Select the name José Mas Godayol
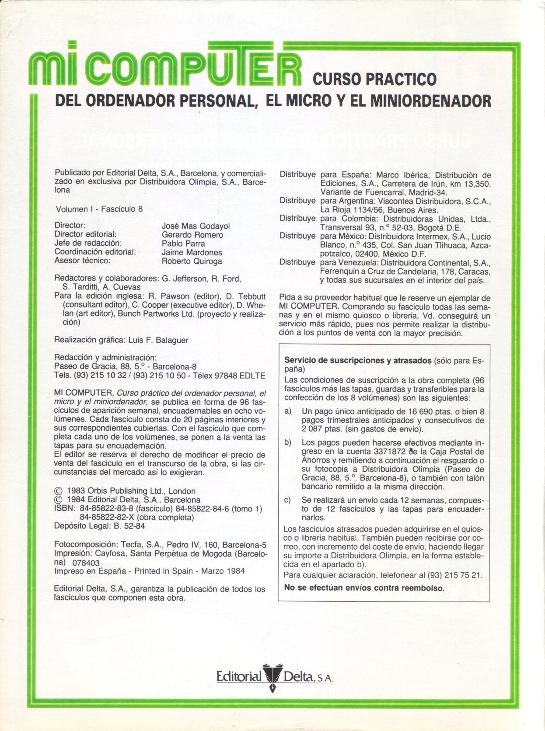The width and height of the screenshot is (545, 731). pyautogui.click(x=196, y=226)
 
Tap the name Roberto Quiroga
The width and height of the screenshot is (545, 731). pyautogui.click(x=192, y=261)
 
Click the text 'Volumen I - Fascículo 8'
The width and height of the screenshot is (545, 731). pyautogui.click(x=99, y=209)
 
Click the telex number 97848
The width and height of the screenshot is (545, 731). pyautogui.click(x=226, y=376)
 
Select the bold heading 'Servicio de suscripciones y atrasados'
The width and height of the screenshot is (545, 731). pyautogui.click(x=358, y=361)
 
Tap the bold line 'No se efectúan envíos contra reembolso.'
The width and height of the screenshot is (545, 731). pyautogui.click(x=364, y=588)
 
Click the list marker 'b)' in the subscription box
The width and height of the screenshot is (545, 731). pyautogui.click(x=288, y=442)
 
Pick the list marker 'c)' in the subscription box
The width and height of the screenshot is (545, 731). pyautogui.click(x=288, y=500)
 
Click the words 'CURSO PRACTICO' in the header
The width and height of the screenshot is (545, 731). pyautogui.click(x=374, y=79)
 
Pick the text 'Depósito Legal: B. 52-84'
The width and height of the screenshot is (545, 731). pyautogui.click(x=99, y=526)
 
